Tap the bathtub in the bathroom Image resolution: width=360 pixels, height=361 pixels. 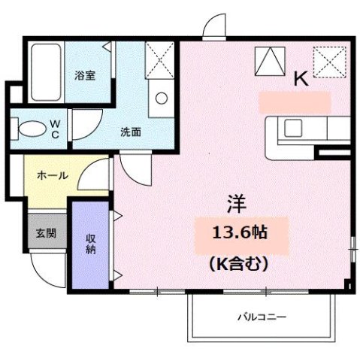[45, 74]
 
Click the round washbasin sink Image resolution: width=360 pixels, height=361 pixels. [160, 97]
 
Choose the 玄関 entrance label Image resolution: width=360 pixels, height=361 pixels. [44, 233]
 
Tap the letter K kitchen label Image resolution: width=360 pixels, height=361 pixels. [301, 78]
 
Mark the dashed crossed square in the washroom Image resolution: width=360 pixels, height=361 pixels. [160, 58]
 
